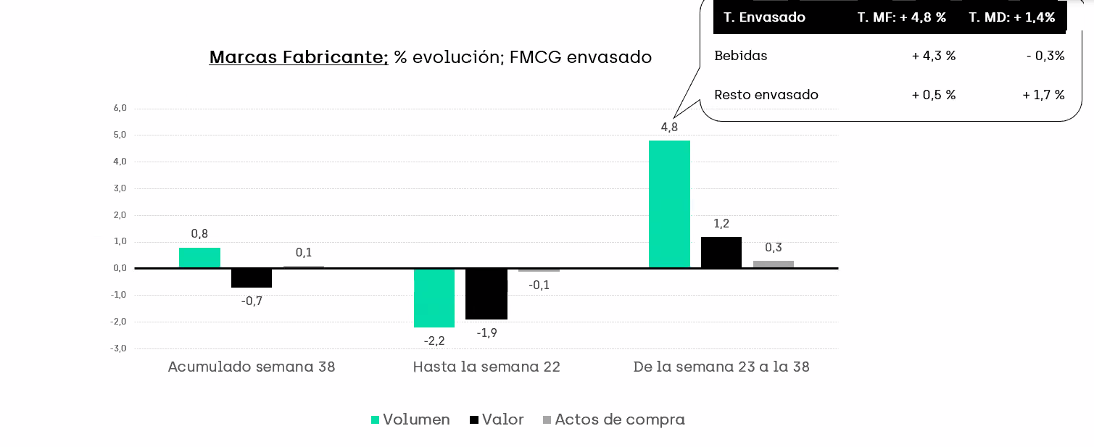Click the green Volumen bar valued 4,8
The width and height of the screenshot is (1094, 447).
(x=669, y=204)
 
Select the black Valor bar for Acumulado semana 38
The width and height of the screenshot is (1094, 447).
(x=252, y=277)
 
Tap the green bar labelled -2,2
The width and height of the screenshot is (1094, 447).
(x=434, y=298)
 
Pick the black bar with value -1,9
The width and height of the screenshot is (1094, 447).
(x=486, y=293)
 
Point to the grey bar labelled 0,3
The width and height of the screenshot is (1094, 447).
(x=774, y=264)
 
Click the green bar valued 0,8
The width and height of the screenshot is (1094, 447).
(x=199, y=258)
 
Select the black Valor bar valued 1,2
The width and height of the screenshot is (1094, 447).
(x=721, y=253)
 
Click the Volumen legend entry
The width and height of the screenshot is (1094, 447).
(x=410, y=419)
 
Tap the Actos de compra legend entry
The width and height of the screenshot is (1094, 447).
(x=613, y=419)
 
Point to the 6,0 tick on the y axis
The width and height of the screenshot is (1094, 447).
(x=120, y=109)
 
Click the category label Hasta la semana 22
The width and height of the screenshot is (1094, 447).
(x=486, y=367)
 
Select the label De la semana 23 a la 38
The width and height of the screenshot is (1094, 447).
(x=721, y=367)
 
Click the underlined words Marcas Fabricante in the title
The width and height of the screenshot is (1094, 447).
(x=299, y=57)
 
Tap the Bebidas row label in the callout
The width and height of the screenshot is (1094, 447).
(x=741, y=56)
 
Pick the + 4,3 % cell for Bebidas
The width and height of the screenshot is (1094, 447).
(x=934, y=56)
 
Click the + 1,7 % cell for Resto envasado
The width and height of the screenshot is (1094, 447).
(x=1043, y=95)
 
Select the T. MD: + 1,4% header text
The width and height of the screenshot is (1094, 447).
(x=1012, y=17)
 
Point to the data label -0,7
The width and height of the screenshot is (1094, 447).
(x=252, y=301)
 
